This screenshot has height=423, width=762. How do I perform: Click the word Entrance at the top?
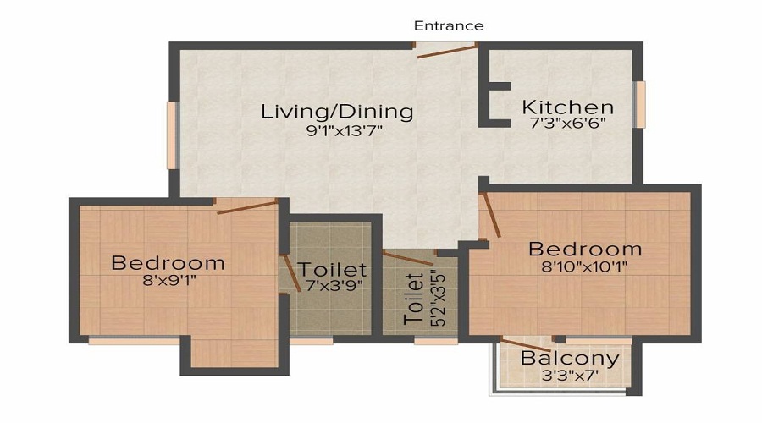[x=449, y=25]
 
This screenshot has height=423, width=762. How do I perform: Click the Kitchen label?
[x=567, y=107]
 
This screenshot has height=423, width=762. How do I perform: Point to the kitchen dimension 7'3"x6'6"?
[x=567, y=123]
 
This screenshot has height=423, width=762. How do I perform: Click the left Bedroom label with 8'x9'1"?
[x=168, y=262]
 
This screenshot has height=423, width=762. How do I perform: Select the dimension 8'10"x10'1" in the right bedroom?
[x=585, y=266]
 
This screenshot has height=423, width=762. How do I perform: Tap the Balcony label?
[x=569, y=358]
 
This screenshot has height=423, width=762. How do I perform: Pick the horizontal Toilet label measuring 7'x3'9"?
[x=332, y=270]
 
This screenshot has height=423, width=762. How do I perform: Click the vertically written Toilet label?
[x=413, y=299]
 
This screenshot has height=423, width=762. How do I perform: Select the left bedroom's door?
[x=247, y=206]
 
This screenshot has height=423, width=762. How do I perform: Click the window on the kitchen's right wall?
[x=641, y=104]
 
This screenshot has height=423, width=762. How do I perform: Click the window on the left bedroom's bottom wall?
[x=134, y=341]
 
